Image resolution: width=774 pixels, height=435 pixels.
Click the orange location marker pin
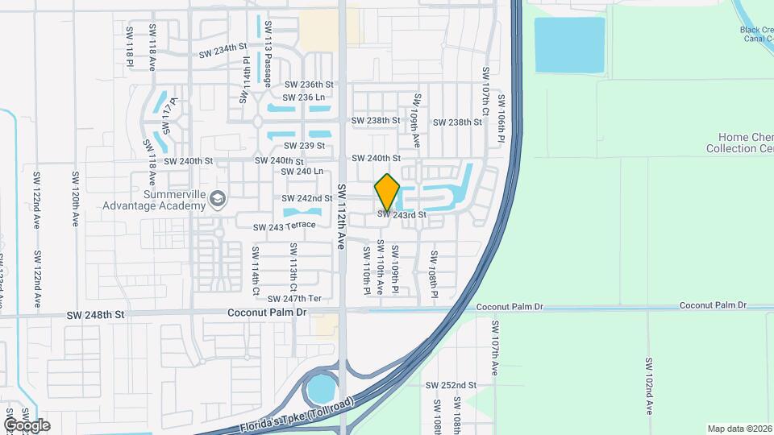point(387,192)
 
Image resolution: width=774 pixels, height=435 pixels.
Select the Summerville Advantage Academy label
point(153,200)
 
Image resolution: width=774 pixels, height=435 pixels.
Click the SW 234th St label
point(223,51)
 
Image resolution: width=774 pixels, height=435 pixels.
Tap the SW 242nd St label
point(307,198)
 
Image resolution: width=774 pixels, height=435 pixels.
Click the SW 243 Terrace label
point(285,226)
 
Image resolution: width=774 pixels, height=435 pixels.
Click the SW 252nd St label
point(451,385)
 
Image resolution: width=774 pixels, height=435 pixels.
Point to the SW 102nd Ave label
point(648,386)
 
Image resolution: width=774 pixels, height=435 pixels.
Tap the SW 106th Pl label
point(501,119)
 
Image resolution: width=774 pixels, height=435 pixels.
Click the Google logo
point(27,425)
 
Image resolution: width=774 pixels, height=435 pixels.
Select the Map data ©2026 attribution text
point(739,429)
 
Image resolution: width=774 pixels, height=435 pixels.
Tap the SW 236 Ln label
point(304,97)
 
